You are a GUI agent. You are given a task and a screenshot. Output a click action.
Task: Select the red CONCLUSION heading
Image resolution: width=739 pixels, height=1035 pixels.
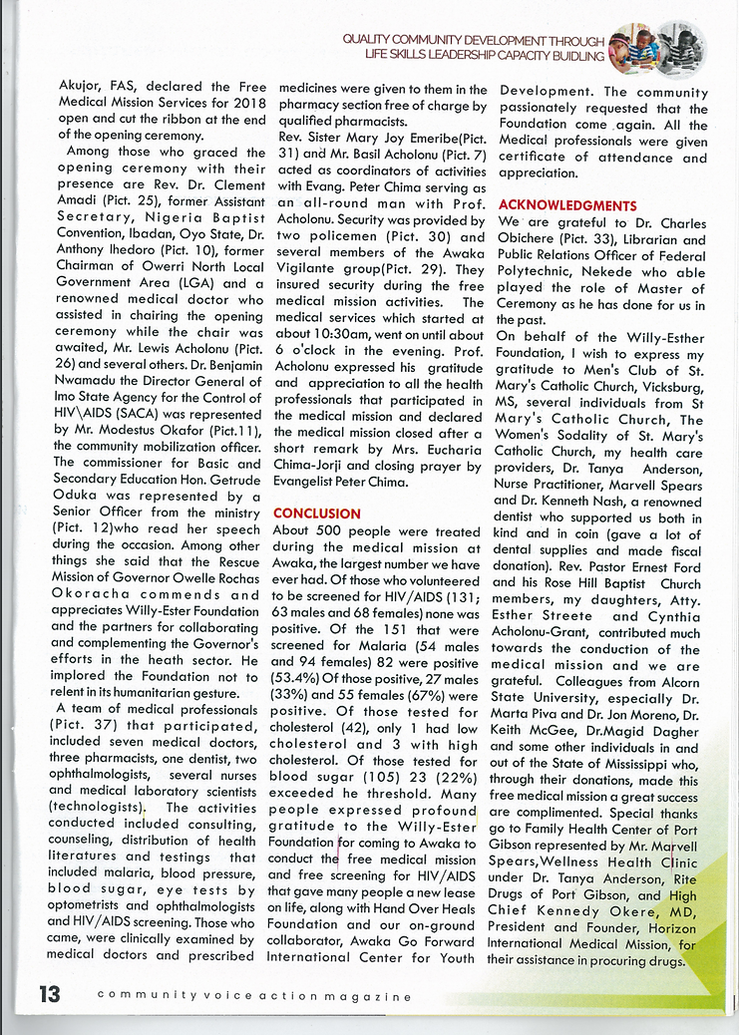tap(316, 514)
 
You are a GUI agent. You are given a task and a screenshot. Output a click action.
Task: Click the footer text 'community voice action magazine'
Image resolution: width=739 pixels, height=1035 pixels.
tap(254, 996)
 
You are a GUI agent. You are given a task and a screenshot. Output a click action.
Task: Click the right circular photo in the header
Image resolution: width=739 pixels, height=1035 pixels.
tap(682, 47)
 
